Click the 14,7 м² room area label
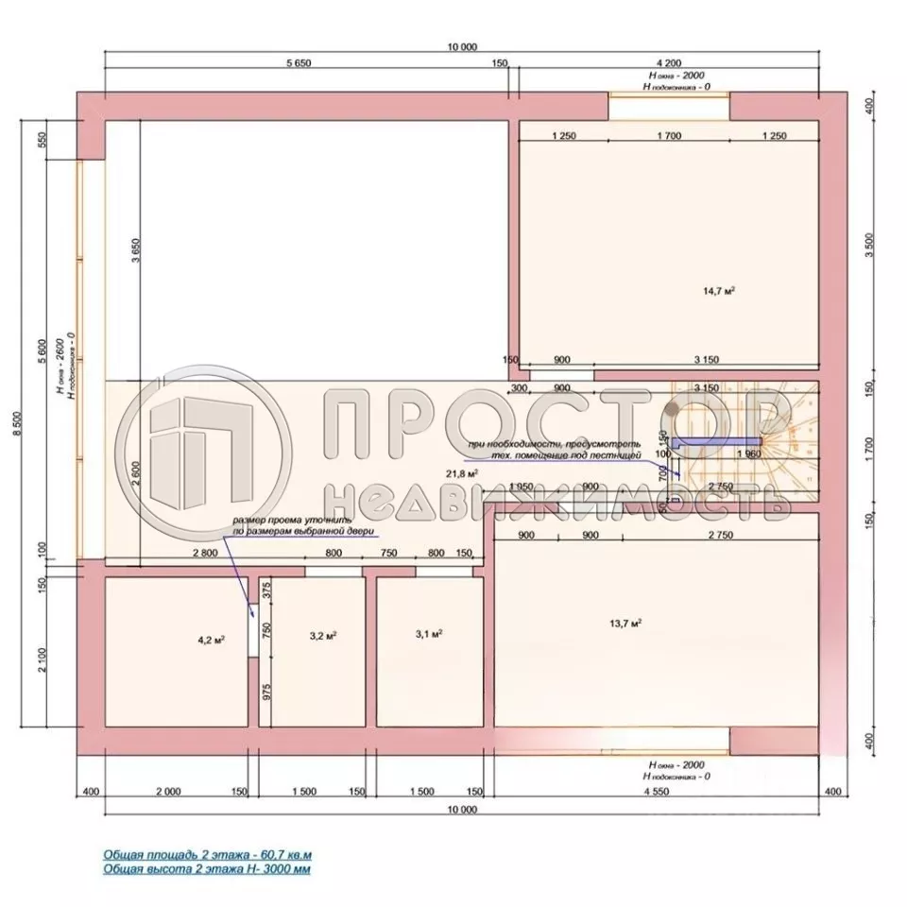click(x=724, y=291)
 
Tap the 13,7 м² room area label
click(x=627, y=623)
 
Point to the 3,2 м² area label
click(x=324, y=636)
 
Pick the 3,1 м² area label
click(x=430, y=634)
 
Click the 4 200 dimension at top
click(x=667, y=63)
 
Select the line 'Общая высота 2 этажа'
click(x=207, y=867)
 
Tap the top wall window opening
click(x=669, y=106)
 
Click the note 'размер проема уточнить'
click(x=294, y=522)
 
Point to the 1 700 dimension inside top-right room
click(x=667, y=136)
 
